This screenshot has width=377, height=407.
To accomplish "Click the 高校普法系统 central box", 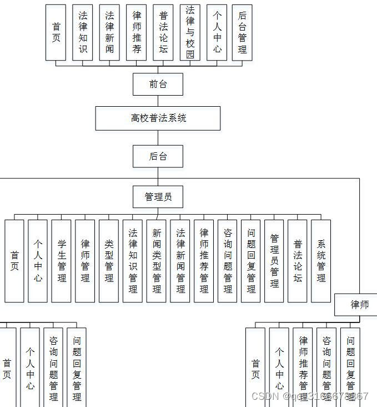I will (158, 118).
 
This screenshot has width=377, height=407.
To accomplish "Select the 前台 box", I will (158, 85).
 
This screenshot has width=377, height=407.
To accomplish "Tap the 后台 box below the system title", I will (158, 156).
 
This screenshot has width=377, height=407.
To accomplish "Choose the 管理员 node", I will (158, 197).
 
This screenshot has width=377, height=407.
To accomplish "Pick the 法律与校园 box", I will (190, 32).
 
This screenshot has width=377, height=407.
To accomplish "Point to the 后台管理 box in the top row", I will (242, 32).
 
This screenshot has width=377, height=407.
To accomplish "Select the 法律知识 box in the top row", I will (83, 32).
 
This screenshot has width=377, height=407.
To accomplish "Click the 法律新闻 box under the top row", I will (109, 32).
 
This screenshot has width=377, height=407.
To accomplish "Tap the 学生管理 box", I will (61, 261).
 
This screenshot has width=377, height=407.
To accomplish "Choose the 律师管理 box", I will (85, 261).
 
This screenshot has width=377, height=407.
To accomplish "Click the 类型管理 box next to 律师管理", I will (109, 261).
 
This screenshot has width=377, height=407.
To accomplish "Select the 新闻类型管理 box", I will (157, 261).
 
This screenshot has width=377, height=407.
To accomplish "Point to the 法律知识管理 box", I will (133, 261).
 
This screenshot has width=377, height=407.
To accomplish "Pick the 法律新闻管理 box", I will (180, 261).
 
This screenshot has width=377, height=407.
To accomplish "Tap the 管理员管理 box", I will (274, 261).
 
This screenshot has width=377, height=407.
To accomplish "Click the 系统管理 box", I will (321, 261).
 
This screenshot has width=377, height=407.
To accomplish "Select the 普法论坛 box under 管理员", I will (298, 261).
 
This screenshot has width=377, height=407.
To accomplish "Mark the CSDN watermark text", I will (309, 396).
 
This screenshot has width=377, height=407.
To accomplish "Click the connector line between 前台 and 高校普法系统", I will (158, 101).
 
